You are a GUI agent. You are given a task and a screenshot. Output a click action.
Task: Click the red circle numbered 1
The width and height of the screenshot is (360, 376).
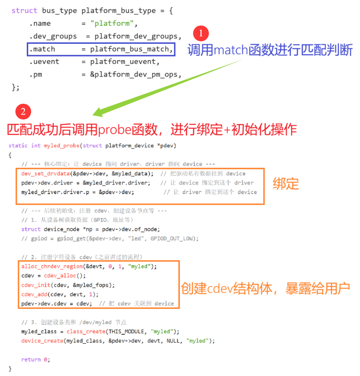(x=201, y=34)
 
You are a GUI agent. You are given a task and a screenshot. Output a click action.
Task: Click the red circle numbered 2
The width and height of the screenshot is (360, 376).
(x=23, y=112)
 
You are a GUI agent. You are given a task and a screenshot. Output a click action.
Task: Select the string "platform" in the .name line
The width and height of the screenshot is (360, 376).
(x=113, y=24)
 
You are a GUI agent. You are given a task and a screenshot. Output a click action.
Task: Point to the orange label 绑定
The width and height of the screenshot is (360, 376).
(x=286, y=184)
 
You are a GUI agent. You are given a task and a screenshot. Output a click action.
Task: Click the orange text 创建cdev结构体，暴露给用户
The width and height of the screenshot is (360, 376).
(x=266, y=288)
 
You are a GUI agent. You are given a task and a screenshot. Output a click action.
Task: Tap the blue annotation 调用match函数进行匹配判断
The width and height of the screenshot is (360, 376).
(x=270, y=50)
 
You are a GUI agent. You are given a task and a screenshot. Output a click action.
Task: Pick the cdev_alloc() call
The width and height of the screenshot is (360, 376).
(x=65, y=276)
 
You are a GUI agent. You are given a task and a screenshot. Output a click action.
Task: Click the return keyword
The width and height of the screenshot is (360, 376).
(x=31, y=359)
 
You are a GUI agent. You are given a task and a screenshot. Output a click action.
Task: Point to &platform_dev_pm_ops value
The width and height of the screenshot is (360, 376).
(x=135, y=74)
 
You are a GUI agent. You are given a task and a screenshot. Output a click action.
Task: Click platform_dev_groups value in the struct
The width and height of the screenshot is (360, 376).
(x=138, y=36)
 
